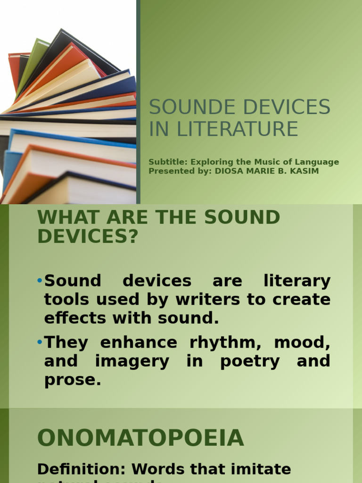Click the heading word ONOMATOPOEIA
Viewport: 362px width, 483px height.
(x=140, y=438)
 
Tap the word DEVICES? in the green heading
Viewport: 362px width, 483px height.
(x=87, y=236)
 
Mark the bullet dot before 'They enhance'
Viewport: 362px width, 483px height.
(x=40, y=342)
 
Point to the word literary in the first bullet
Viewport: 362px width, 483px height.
(x=303, y=281)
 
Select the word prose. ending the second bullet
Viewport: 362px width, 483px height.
(x=73, y=380)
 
